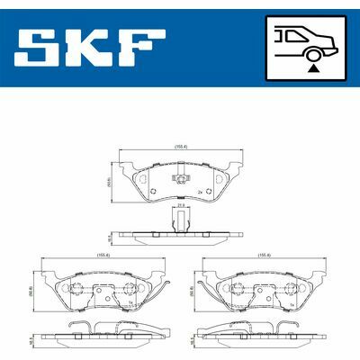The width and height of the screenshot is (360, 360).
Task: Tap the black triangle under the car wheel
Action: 312,66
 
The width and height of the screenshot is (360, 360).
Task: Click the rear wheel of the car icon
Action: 312,51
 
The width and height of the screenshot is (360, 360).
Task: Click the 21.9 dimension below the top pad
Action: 181,206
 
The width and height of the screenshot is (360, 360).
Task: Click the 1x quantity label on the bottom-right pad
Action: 293,305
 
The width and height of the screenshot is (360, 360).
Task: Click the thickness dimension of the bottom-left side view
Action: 31,341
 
